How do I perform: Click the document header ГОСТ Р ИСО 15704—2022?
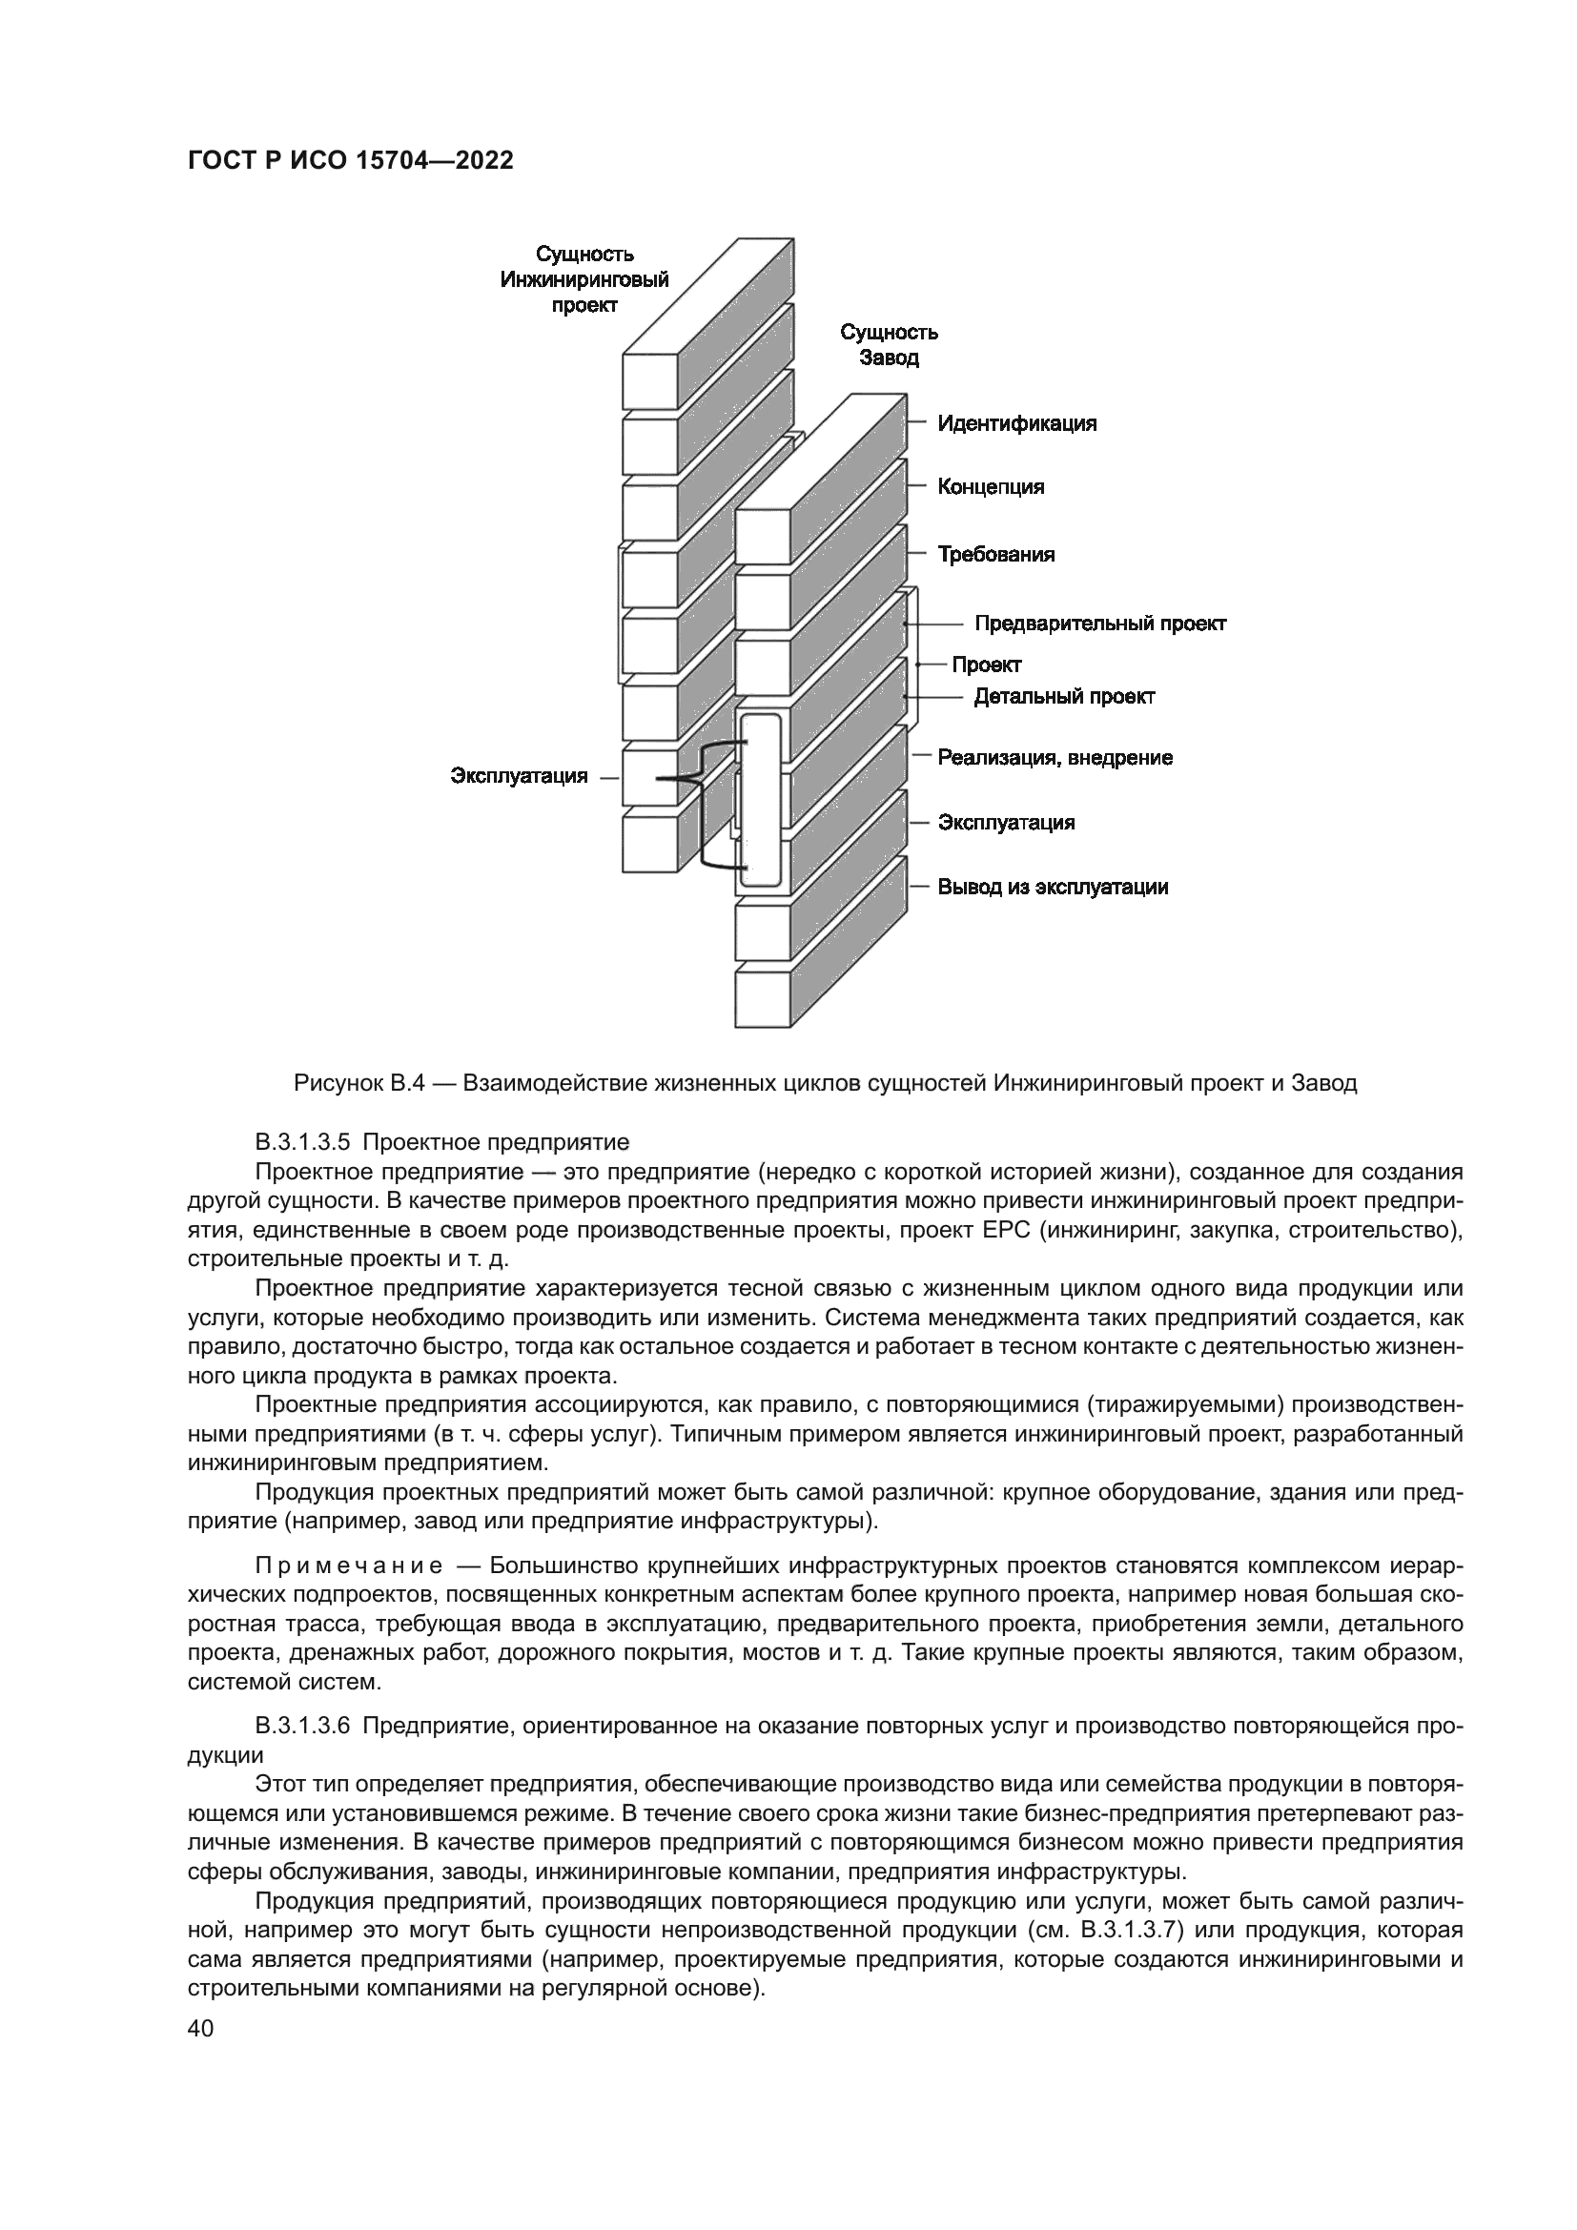pyautogui.click(x=350, y=161)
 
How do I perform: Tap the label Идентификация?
pyautogui.click(x=1016, y=423)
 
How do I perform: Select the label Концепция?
pyautogui.click(x=991, y=486)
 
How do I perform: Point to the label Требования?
pyautogui.click(x=995, y=555)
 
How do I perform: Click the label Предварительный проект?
pyautogui.click(x=1100, y=624)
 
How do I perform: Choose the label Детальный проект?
pyautogui.click(x=1064, y=696)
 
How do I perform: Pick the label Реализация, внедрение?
pyautogui.click(x=1055, y=758)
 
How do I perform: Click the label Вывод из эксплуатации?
pyautogui.click(x=1053, y=887)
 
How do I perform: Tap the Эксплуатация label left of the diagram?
pyautogui.click(x=519, y=776)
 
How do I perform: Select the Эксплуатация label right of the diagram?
pyautogui.click(x=1006, y=823)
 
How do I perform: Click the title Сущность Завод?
pyautogui.click(x=889, y=345)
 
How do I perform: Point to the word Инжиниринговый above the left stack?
pyautogui.click(x=584, y=279)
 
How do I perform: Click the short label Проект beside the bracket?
pyautogui.click(x=986, y=665)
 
